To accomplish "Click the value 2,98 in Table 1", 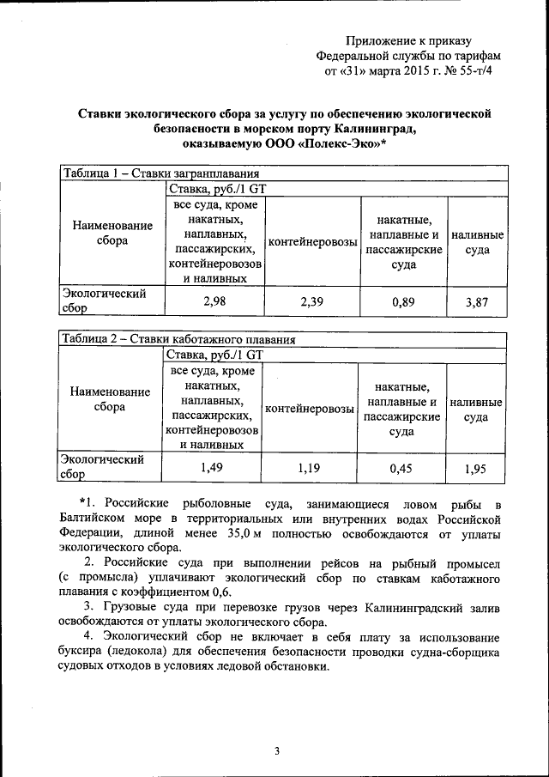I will tap(214, 301).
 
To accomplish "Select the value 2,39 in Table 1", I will tap(312, 301).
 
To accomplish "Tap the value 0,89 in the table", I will tap(403, 301).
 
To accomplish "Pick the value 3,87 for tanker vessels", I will tap(477, 301).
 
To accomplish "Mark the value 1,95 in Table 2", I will tap(476, 468).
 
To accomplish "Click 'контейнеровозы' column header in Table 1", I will tap(312, 242).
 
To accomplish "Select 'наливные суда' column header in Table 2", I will tap(476, 409).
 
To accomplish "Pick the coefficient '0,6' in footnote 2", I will tap(228, 591).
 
